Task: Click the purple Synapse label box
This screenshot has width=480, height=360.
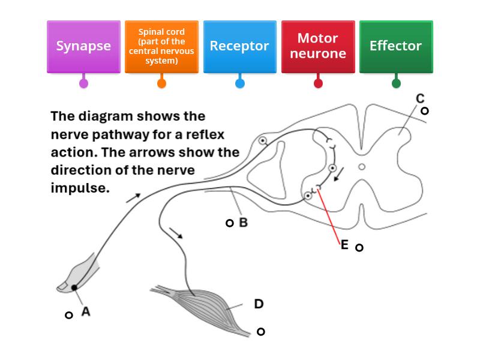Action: coord(83,47)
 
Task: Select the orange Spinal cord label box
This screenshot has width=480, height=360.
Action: coord(161,47)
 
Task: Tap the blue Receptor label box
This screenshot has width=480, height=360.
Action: coord(239,47)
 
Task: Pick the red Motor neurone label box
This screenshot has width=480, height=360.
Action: coord(318,47)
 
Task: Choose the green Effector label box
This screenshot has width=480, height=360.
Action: coord(396,47)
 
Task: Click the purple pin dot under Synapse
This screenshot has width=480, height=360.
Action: coord(83,83)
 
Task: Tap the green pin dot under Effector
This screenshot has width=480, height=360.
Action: coord(396,83)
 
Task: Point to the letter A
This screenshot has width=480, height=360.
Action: coord(86,311)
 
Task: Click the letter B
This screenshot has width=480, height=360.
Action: coord(244,223)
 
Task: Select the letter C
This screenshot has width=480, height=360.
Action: coord(420,98)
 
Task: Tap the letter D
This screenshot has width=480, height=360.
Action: coord(259,304)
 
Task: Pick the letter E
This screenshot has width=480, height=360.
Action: coord(344,245)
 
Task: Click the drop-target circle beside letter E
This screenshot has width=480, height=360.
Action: coord(359,247)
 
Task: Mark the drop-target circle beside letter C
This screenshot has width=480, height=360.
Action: coord(425,111)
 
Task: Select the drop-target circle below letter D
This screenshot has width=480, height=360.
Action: coord(261,332)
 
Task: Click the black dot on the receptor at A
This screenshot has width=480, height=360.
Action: coord(74,288)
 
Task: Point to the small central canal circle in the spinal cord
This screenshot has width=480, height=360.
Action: coord(362,167)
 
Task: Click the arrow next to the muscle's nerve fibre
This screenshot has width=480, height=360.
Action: coord(176,233)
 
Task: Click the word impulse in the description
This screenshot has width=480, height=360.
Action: coord(80,188)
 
